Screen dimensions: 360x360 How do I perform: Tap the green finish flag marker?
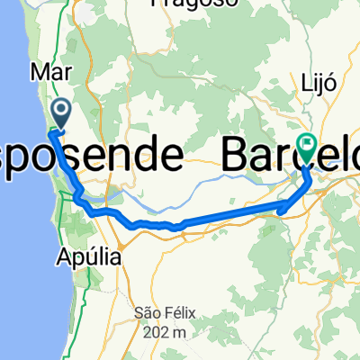[308, 144]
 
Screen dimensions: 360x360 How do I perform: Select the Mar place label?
[46, 71]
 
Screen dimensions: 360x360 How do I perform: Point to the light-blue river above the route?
[180, 192]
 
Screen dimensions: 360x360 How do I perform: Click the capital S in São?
[138, 312]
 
